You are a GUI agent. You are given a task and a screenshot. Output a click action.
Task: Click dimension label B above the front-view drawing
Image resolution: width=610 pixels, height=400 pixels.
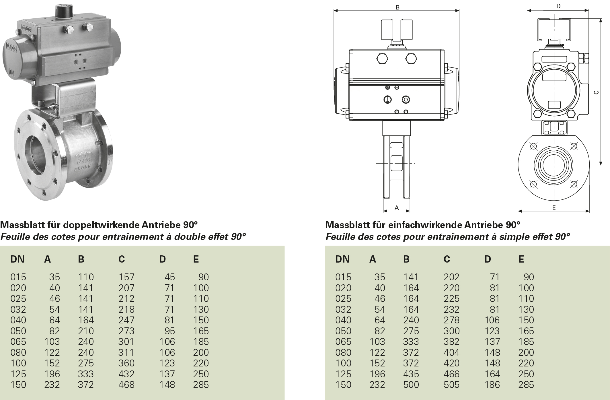pyautogui.click(x=397, y=7)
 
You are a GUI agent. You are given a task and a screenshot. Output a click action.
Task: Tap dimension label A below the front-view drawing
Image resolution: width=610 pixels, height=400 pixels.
pyautogui.click(x=397, y=207)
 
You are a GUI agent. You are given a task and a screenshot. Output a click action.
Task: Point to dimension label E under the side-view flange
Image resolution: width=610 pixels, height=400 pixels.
pyautogui.click(x=554, y=208)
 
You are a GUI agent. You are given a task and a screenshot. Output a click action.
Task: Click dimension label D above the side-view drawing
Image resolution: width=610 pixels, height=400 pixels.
pyautogui.click(x=558, y=6)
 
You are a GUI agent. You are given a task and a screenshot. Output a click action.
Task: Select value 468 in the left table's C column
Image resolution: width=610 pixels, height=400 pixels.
pyautogui.click(x=126, y=385)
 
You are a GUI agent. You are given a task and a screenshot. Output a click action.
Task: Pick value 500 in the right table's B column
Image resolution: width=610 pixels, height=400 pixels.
pyautogui.click(x=411, y=385)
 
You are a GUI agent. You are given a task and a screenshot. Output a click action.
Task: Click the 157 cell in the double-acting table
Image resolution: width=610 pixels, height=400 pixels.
pyautogui.click(x=126, y=277)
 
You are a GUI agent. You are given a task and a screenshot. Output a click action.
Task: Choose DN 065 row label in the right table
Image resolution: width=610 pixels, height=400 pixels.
pyautogui.click(x=343, y=342)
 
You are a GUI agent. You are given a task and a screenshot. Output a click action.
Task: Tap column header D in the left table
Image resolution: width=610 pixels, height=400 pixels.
pyautogui.click(x=162, y=259)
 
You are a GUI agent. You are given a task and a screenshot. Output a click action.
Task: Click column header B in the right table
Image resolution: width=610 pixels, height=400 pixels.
pyautogui.click(x=406, y=259)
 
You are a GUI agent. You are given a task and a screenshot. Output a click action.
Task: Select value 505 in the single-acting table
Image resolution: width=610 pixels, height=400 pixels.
pyautogui.click(x=451, y=385)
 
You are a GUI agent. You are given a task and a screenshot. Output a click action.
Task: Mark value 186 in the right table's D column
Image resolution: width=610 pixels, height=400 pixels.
pyautogui.click(x=492, y=385)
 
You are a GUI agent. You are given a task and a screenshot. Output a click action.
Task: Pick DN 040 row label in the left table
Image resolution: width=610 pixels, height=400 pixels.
pyautogui.click(x=18, y=320)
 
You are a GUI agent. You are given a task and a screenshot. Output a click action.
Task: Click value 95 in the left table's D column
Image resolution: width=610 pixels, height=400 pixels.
pyautogui.click(x=169, y=331)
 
